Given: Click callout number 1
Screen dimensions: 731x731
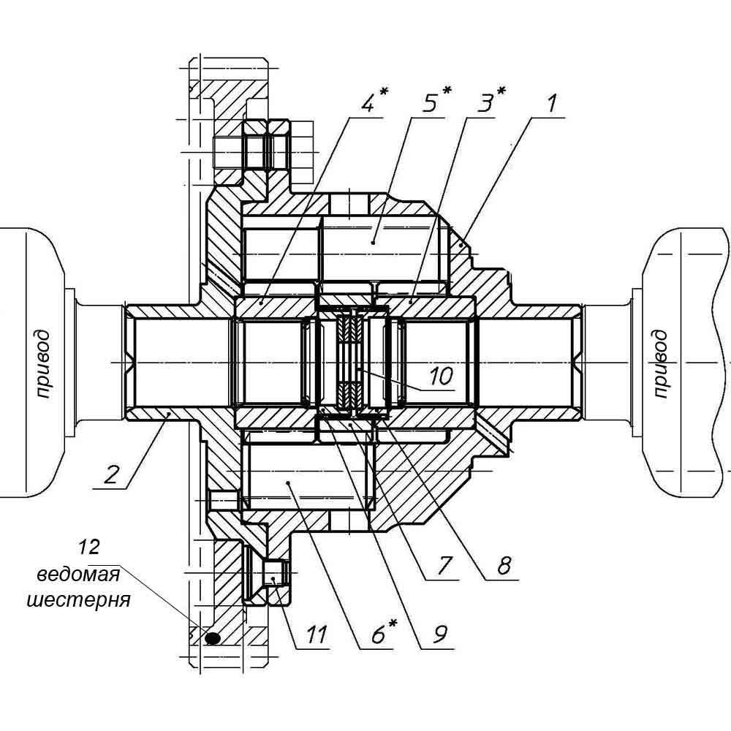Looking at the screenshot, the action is (x=552, y=104).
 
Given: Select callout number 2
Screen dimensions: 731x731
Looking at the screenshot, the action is (x=111, y=475).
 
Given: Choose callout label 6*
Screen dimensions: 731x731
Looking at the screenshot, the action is (x=383, y=632).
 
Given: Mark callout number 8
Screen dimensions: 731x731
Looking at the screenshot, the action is (x=504, y=566).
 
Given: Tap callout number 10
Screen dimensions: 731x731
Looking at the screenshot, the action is (x=441, y=376).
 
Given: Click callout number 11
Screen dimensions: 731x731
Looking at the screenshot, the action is (x=317, y=634).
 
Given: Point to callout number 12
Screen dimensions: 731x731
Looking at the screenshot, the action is (x=88, y=547).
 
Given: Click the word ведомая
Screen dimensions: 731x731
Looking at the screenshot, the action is (x=78, y=575).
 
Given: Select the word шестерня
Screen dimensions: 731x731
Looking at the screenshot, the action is (x=78, y=600).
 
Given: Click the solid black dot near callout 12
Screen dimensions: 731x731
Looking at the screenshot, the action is (x=212, y=637).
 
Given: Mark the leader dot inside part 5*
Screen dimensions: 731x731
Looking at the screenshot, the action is (x=374, y=242).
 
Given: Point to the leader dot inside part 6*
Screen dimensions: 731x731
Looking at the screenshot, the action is (x=289, y=482).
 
